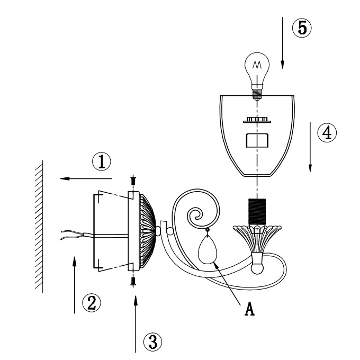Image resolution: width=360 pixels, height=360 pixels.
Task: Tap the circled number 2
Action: pos(91,302)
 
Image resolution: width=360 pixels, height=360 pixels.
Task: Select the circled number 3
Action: pos(153,341)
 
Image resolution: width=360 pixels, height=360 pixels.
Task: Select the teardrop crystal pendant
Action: pos(208,249)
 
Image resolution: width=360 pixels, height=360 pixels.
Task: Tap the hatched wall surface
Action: pos(38,228)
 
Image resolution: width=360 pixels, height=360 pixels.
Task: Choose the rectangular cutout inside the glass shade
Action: pos(257,140)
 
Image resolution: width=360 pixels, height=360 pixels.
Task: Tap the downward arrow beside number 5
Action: pos(282,42)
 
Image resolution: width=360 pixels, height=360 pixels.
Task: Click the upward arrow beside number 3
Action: pos(136,323)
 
